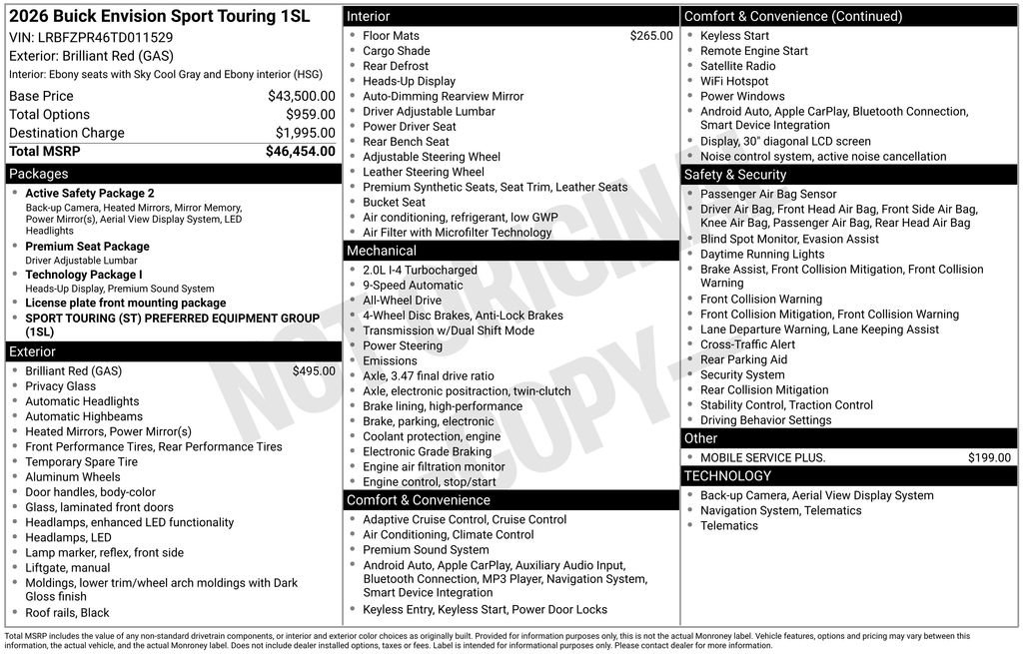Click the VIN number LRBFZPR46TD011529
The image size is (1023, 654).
105,38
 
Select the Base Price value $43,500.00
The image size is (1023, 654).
301,97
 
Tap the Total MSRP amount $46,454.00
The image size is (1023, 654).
300,152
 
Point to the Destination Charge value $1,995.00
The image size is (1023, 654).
305,133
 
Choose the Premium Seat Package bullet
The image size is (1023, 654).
87,247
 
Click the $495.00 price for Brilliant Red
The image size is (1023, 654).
314,371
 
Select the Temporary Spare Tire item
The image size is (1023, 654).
81,462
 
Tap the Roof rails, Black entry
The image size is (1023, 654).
67,613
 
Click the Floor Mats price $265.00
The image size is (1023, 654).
651,36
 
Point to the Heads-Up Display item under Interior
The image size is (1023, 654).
409,82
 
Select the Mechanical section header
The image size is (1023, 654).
382,251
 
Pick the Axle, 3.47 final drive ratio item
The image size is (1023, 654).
428,376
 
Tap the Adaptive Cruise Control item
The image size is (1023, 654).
465,520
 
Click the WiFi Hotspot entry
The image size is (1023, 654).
734,82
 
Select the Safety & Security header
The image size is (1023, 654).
735,175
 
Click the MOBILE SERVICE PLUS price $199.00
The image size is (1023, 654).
989,458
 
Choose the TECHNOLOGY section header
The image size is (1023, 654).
727,476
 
